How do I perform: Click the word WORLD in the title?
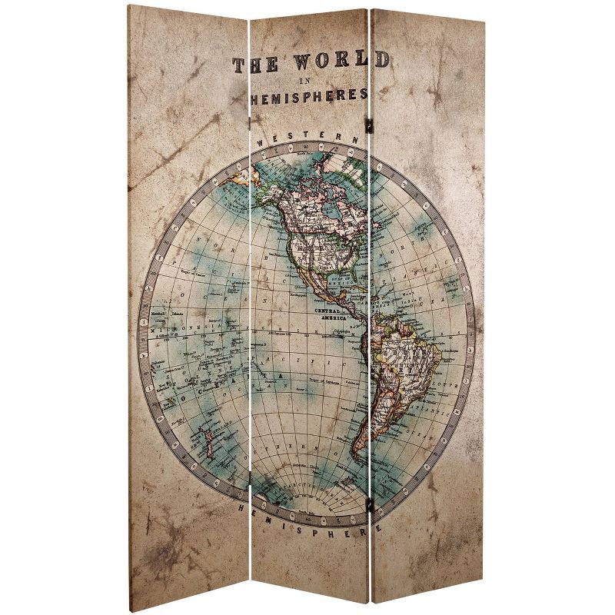coord(338,62)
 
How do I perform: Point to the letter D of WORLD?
coord(380,61)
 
